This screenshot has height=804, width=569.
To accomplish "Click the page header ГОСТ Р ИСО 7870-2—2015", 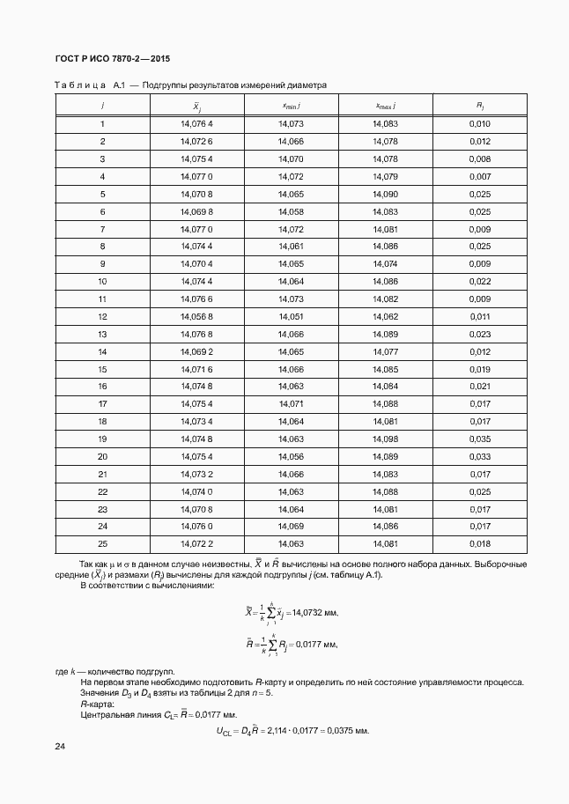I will coord(112,59).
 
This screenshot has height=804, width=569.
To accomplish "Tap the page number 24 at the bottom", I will coord(61,747).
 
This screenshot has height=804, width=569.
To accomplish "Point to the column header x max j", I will coord(386,107).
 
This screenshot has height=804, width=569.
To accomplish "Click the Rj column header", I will coord(480,107).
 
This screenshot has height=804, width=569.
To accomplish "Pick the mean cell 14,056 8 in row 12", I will coord(196,316).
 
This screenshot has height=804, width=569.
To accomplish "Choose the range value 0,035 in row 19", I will coord(480,439).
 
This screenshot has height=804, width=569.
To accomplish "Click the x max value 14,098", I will coord(386,439).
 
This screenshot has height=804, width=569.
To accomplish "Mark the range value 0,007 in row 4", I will coord(480,176).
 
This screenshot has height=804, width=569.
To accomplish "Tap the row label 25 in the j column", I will coord(102,543).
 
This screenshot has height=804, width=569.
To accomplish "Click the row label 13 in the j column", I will coord(102,334).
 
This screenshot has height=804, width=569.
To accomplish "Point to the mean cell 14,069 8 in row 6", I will coord(196,211).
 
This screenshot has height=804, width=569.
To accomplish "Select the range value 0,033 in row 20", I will coord(480,456).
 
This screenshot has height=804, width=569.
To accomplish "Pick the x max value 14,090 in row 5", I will coord(386,194).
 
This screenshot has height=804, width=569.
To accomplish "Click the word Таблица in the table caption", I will coord(80,86).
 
